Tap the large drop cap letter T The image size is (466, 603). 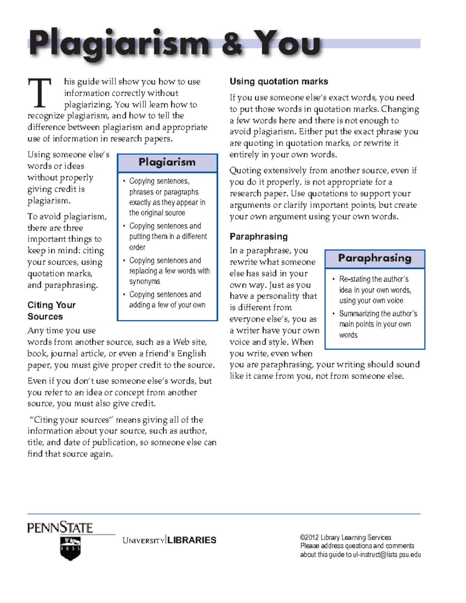point(40,93)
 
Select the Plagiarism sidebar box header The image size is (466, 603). point(167,162)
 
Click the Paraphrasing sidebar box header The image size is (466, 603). point(374,258)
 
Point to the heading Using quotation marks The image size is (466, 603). point(278,82)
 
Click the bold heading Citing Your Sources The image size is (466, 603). point(51,311)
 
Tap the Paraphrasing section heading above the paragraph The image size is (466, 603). point(258,236)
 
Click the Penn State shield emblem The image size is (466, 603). point(70,548)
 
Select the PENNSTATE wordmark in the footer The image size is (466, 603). point(60,528)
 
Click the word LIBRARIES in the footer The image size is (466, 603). point(192,540)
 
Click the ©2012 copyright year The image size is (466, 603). point(309,537)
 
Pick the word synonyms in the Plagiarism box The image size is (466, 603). point(144,282)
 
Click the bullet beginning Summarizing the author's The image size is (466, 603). point(378,314)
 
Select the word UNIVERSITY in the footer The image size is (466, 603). point(143,540)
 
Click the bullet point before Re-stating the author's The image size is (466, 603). point(333,279)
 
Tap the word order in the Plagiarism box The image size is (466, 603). point(137,247)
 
